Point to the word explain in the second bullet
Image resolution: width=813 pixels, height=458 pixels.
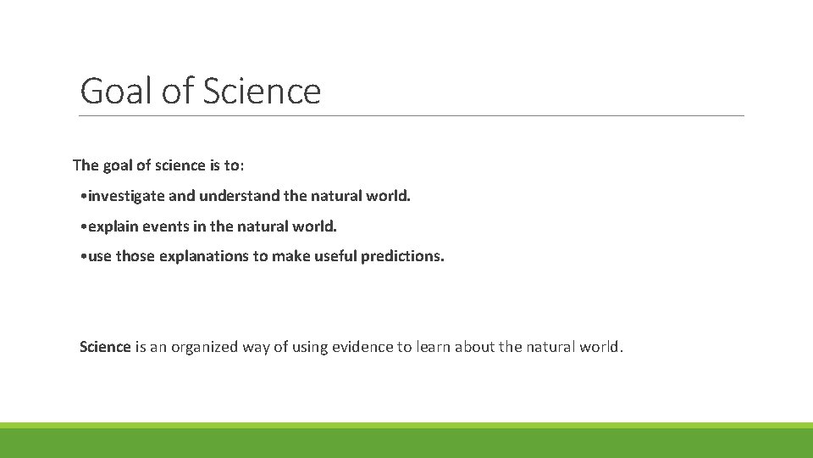(113, 226)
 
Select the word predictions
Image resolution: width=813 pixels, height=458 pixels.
(402, 255)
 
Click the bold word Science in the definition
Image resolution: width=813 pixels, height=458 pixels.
(105, 346)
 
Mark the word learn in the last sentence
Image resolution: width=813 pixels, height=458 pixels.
(432, 346)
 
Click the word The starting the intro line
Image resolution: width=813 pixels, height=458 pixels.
(86, 165)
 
